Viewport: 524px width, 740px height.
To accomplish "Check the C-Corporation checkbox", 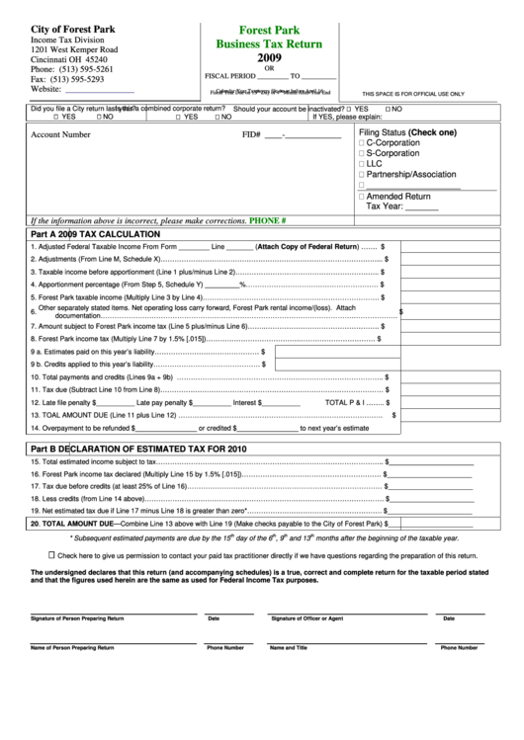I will [x=362, y=144].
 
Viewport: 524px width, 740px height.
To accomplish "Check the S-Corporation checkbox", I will [x=362, y=154].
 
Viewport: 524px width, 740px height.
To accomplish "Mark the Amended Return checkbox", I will [x=362, y=197].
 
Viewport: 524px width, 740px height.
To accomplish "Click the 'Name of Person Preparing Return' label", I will [x=72, y=647].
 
